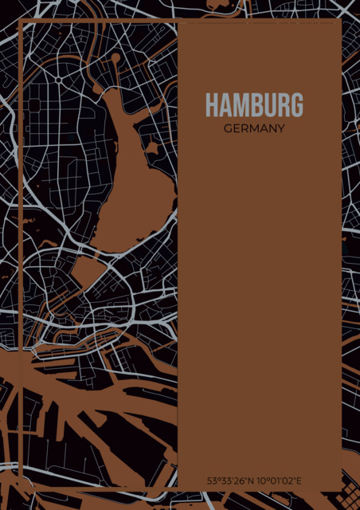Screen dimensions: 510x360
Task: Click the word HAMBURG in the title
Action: point(254,105)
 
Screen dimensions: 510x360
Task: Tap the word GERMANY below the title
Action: point(254,127)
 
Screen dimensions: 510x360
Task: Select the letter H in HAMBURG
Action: point(211,105)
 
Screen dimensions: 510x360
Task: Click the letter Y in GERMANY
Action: point(281,127)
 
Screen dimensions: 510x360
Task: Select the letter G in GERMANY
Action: point(228,127)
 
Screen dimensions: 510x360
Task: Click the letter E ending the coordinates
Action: point(299,481)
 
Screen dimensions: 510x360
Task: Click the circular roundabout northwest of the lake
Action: point(59,80)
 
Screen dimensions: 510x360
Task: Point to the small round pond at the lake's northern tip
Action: point(116,58)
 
